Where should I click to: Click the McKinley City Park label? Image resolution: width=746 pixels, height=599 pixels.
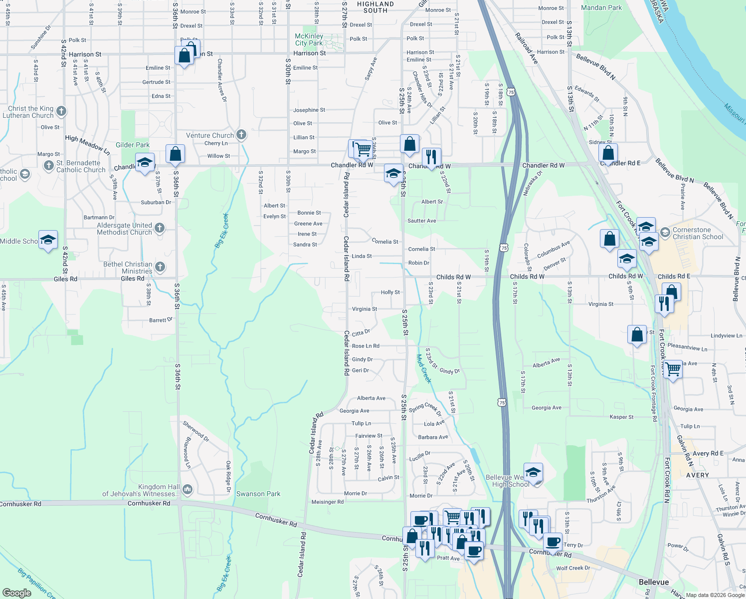click(x=309, y=39)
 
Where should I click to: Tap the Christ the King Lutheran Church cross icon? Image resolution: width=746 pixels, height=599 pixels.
click(x=61, y=111)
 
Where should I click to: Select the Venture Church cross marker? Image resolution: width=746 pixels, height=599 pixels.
click(x=241, y=134)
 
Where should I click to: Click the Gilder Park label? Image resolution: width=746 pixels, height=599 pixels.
click(x=133, y=145)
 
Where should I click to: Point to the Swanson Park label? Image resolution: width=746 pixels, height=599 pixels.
click(x=258, y=494)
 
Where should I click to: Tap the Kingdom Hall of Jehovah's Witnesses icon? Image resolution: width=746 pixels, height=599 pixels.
click(x=187, y=489)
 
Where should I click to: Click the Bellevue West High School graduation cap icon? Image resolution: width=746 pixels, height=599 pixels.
click(x=533, y=472)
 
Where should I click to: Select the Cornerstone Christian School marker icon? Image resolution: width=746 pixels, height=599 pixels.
click(x=665, y=233)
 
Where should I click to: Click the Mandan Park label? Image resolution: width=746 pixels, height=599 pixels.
click(x=601, y=7)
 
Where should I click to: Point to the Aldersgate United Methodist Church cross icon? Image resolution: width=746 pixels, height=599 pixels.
click(x=160, y=228)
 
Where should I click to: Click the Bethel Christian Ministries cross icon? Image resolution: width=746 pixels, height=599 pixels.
click(x=160, y=267)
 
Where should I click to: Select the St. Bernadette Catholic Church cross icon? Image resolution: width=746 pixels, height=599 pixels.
click(x=48, y=166)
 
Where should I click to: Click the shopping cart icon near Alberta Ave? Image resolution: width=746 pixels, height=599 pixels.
click(x=673, y=369)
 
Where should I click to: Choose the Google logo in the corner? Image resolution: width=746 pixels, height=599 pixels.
click(x=16, y=593)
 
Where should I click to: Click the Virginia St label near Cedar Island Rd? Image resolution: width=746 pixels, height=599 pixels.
click(x=365, y=309)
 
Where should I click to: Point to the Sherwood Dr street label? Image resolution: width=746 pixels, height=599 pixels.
click(x=196, y=431)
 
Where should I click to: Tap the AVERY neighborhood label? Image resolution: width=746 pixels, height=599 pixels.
click(x=697, y=475)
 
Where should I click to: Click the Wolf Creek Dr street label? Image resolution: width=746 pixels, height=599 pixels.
click(x=573, y=568)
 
